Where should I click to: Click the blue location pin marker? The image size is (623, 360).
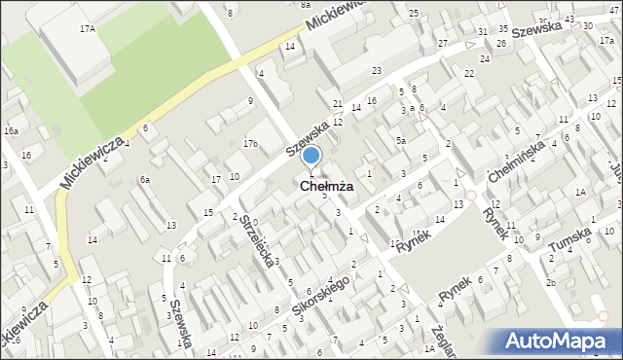pyautogui.click(x=311, y=156)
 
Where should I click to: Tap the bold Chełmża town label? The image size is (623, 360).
pyautogui.click(x=313, y=185)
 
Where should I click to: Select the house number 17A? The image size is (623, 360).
pyautogui.click(x=88, y=29)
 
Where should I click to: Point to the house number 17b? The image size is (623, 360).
pyautogui.click(x=251, y=144)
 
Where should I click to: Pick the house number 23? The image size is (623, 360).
pyautogui.click(x=377, y=71)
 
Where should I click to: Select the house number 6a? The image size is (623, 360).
pyautogui.click(x=144, y=179)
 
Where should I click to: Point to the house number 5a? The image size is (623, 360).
pyautogui.click(x=400, y=141)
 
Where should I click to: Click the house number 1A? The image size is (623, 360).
pyautogui.click(x=580, y=193)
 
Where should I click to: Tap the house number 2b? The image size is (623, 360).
pyautogui.click(x=550, y=282)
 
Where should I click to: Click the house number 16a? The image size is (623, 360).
pyautogui.click(x=11, y=130)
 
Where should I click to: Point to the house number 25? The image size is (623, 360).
pyautogui.click(x=414, y=13)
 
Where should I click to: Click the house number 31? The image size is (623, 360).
pyautogui.click(x=483, y=32)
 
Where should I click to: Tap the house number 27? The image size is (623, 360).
pyautogui.click(x=443, y=44)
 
